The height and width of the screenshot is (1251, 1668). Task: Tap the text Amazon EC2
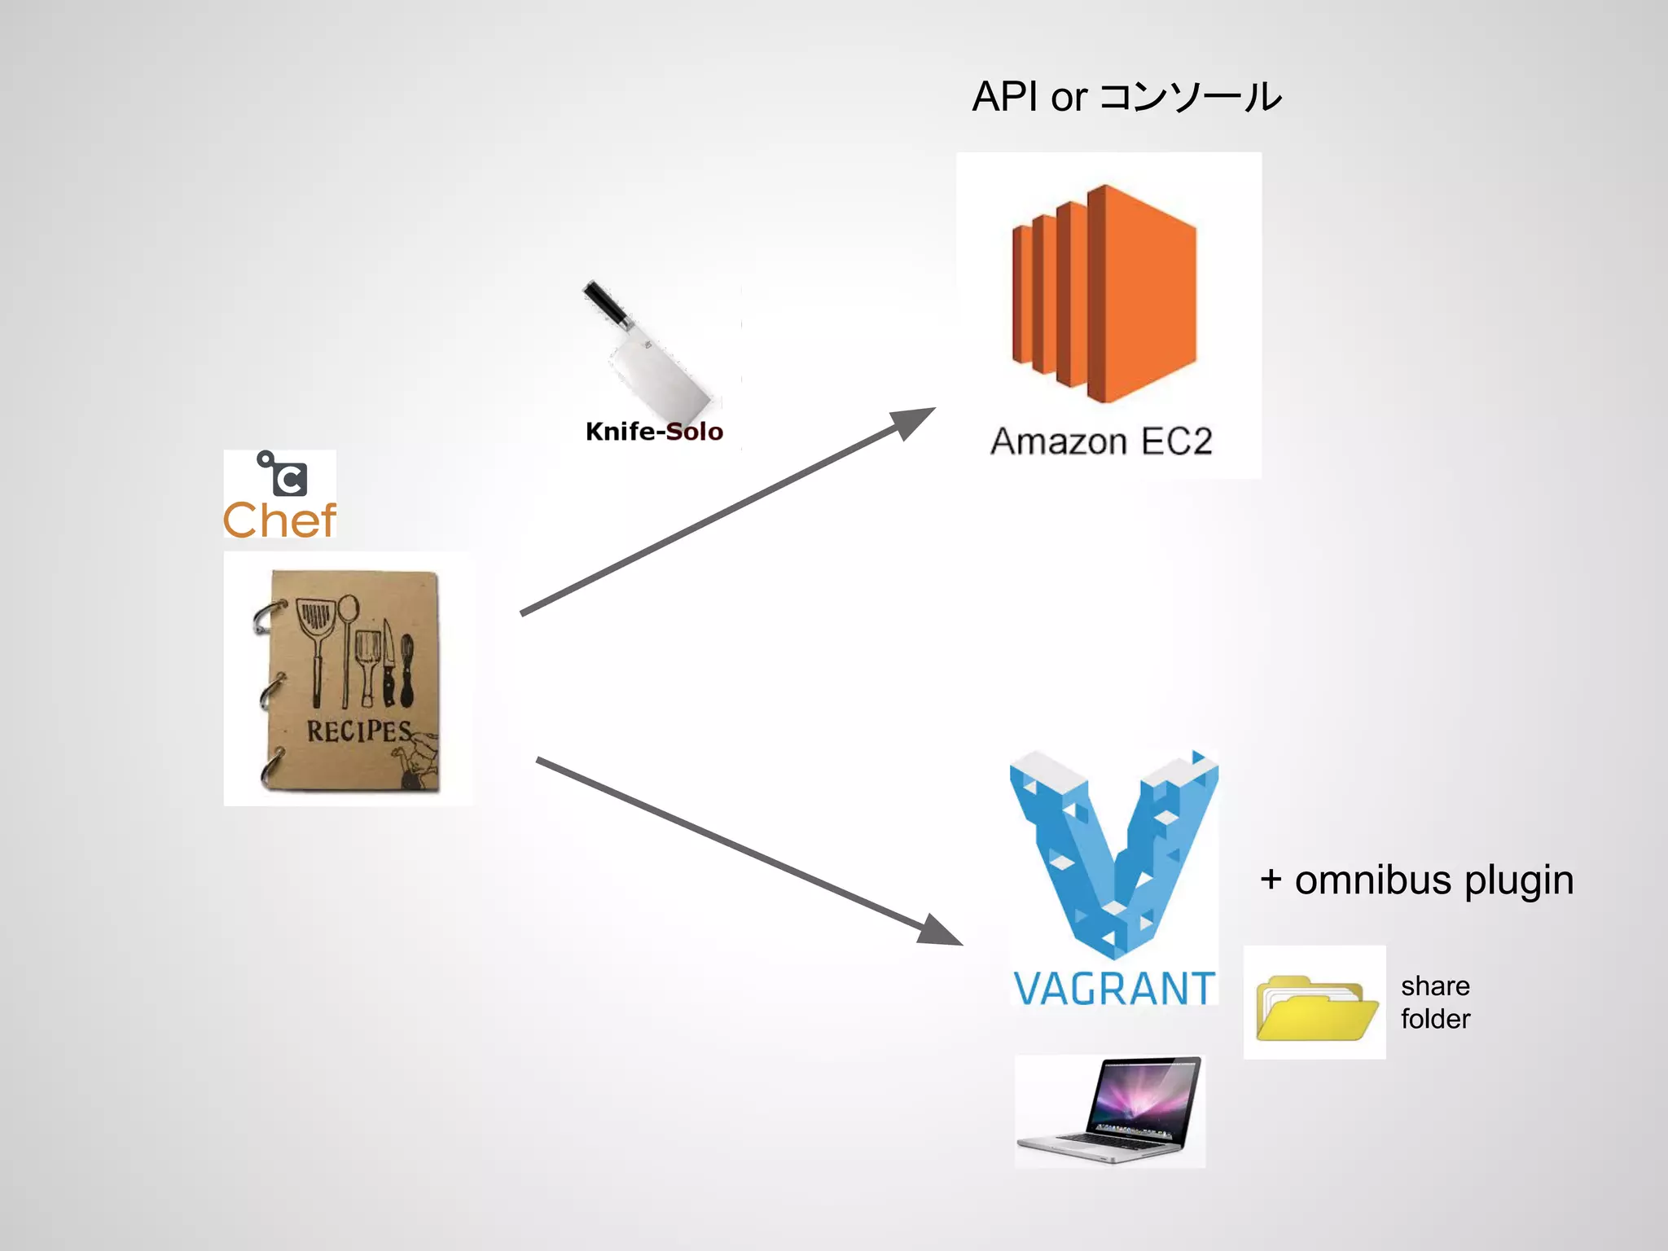(1101, 442)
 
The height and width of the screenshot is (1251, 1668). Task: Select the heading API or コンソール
(1126, 97)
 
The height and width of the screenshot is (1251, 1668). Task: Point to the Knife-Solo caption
(654, 432)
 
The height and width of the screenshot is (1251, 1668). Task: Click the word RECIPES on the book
(358, 731)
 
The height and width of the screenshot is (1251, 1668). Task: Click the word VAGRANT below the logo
(1113, 989)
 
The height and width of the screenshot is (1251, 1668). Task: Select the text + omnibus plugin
(1416, 880)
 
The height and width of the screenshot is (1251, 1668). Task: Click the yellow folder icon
(1315, 1008)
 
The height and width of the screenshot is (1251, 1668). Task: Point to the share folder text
(1435, 1003)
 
